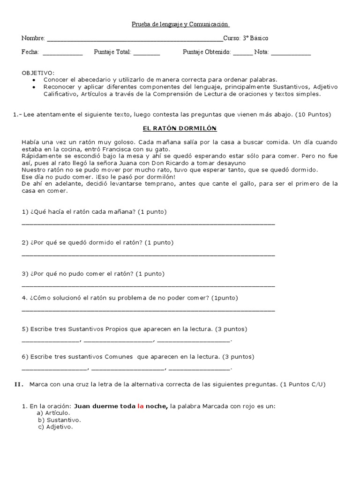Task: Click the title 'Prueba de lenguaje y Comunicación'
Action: [x=180, y=24]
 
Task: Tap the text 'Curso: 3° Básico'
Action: [x=246, y=38]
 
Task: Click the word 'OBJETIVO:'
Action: [x=38, y=73]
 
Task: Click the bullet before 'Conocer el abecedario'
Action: [x=34, y=80]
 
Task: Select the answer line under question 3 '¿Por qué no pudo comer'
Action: [x=148, y=285]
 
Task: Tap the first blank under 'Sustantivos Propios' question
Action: [x=51, y=341]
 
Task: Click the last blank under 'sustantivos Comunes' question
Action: [x=200, y=369]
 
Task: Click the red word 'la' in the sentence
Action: [x=140, y=406]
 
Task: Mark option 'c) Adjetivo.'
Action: [x=56, y=427]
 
